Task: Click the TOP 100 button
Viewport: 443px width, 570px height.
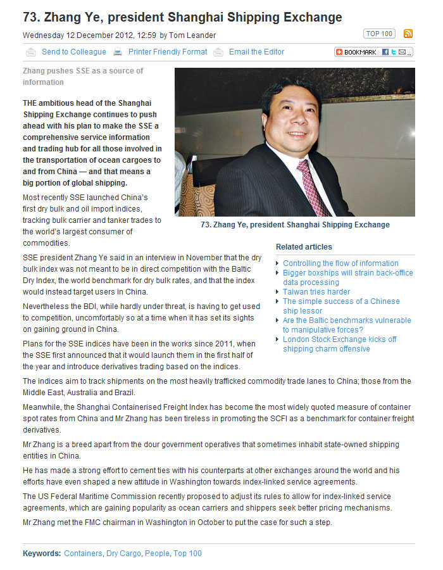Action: pyautogui.click(x=379, y=34)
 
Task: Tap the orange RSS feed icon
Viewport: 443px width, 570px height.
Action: pyautogui.click(x=408, y=34)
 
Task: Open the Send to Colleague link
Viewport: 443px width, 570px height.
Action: pyautogui.click(x=74, y=52)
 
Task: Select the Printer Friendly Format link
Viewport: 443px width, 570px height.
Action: pyautogui.click(x=168, y=52)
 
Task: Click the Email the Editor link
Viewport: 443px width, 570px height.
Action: pyautogui.click(x=256, y=52)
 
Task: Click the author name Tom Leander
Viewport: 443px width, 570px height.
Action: pyautogui.click(x=192, y=35)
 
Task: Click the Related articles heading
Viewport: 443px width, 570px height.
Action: pyautogui.click(x=304, y=247)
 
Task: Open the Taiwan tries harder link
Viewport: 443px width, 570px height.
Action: pyautogui.click(x=316, y=292)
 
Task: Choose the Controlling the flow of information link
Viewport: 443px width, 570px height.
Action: pyautogui.click(x=340, y=263)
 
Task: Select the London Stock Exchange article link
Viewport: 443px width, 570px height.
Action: pyautogui.click(x=339, y=344)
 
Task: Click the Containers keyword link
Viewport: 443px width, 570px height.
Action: pyautogui.click(x=83, y=554)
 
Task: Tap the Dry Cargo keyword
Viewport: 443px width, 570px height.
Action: pyautogui.click(x=124, y=554)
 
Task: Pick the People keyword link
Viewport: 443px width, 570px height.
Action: pyautogui.click(x=157, y=554)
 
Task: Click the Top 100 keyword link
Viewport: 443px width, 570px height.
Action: pyautogui.click(x=187, y=554)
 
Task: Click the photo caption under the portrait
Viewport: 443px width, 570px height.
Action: pyautogui.click(x=295, y=225)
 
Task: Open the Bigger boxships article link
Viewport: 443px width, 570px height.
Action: pyautogui.click(x=347, y=277)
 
